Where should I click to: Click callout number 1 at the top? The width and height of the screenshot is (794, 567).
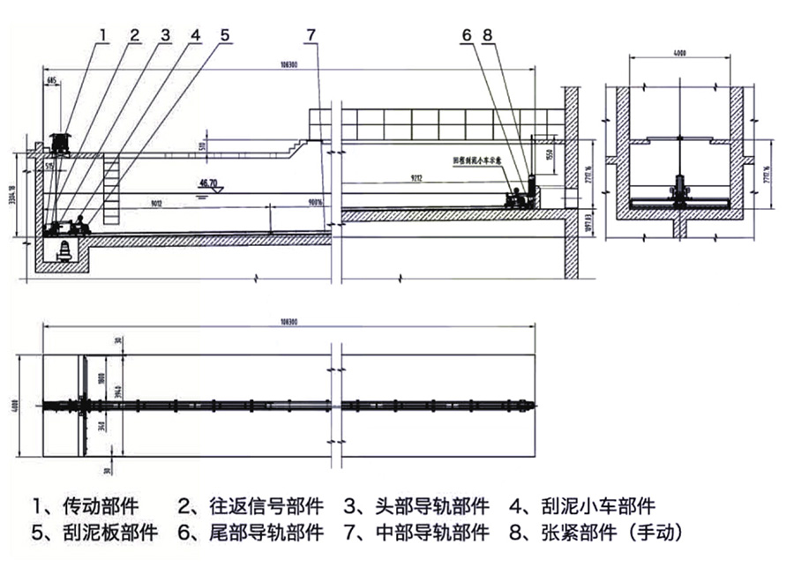click(x=103, y=35)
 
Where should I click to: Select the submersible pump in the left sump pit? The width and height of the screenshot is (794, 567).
click(x=65, y=250)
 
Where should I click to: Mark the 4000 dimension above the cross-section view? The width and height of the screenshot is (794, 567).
click(x=679, y=54)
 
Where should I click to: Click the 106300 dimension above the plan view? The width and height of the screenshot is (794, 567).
click(x=288, y=323)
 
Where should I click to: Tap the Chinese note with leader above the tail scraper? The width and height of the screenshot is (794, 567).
click(x=476, y=161)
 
